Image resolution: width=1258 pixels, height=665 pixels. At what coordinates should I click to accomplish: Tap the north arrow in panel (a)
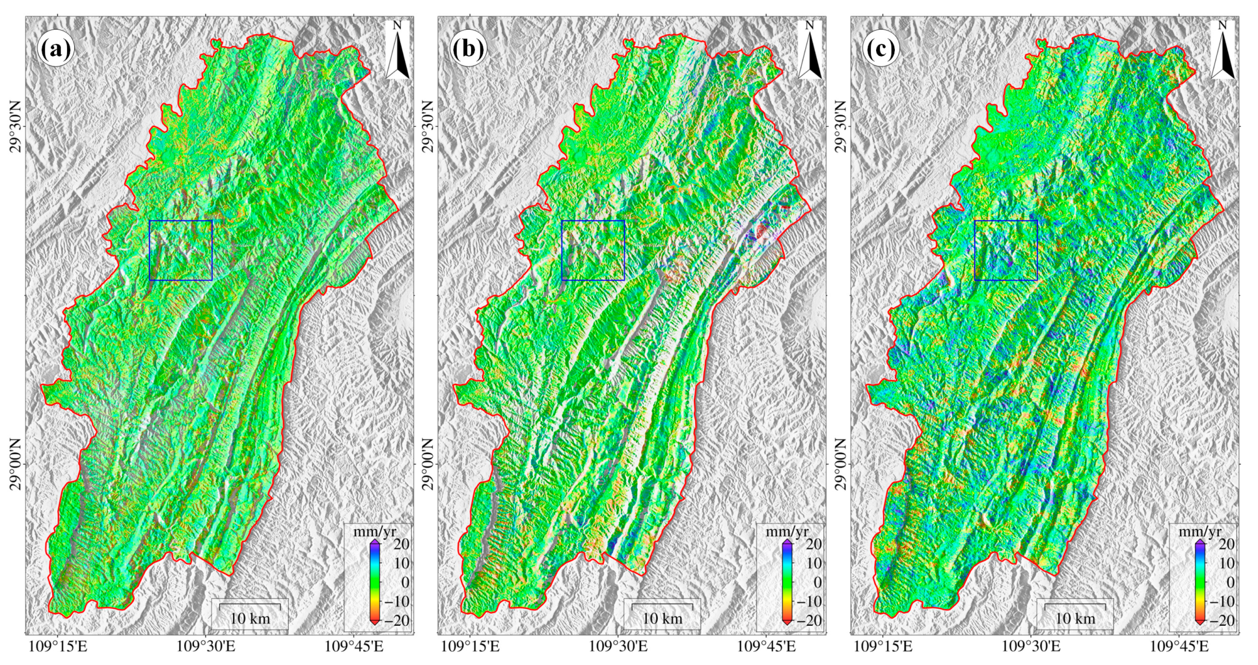[398, 51]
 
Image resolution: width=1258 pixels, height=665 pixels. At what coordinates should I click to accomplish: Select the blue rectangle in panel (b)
[593, 250]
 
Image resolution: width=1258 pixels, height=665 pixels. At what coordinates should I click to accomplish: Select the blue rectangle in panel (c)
[1006, 250]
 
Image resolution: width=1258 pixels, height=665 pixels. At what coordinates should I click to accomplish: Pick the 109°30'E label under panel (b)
[618, 647]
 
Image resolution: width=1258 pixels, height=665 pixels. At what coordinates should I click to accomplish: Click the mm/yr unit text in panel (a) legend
[375, 532]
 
